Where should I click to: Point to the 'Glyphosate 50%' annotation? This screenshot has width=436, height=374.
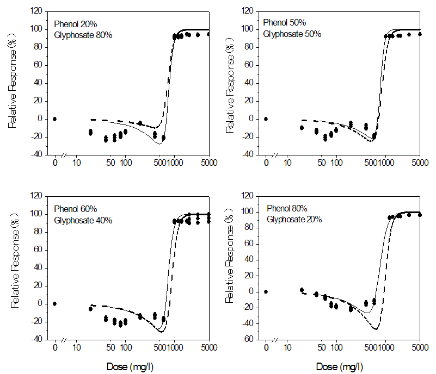pos(292,34)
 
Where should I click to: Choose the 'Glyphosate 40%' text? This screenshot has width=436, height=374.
pos(83,220)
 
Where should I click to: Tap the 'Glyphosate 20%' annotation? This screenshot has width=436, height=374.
pos(294,219)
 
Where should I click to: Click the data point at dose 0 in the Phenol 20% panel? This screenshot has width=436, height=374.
pos(54,119)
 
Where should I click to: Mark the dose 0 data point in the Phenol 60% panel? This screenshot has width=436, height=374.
pos(54,303)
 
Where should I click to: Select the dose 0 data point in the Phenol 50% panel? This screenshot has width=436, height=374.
pos(266,119)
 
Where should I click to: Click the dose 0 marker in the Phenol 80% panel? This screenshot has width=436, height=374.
pos(266,291)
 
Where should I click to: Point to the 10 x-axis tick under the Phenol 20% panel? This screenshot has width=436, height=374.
pos(77,161)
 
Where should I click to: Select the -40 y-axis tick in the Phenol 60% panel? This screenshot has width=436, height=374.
pos(36,340)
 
